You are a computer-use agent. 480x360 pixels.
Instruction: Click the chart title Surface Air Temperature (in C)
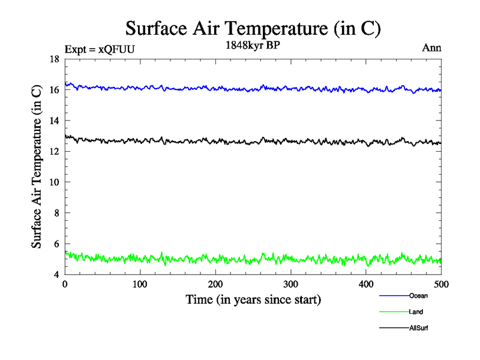click(253, 28)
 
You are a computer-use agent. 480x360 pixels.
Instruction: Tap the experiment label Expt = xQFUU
click(100, 49)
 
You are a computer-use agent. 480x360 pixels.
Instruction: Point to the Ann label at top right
click(431, 48)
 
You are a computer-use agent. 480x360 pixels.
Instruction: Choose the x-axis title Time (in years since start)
click(253, 299)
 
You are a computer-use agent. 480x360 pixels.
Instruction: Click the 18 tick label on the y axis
click(53, 59)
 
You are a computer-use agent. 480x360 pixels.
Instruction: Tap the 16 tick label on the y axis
click(53, 90)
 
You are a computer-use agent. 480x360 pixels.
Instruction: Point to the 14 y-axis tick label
click(53, 121)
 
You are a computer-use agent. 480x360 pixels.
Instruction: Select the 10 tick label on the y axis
click(53, 182)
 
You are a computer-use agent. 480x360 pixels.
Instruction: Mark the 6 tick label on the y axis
click(55, 244)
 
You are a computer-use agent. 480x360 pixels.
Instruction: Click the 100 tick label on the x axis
click(140, 284)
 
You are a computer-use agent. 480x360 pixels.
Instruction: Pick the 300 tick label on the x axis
click(291, 284)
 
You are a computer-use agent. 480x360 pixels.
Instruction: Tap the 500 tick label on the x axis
click(441, 284)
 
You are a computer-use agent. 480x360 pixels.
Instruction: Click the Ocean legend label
click(418, 296)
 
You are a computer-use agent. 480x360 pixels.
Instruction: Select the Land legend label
click(416, 312)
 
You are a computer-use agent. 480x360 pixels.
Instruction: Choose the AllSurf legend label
click(418, 328)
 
